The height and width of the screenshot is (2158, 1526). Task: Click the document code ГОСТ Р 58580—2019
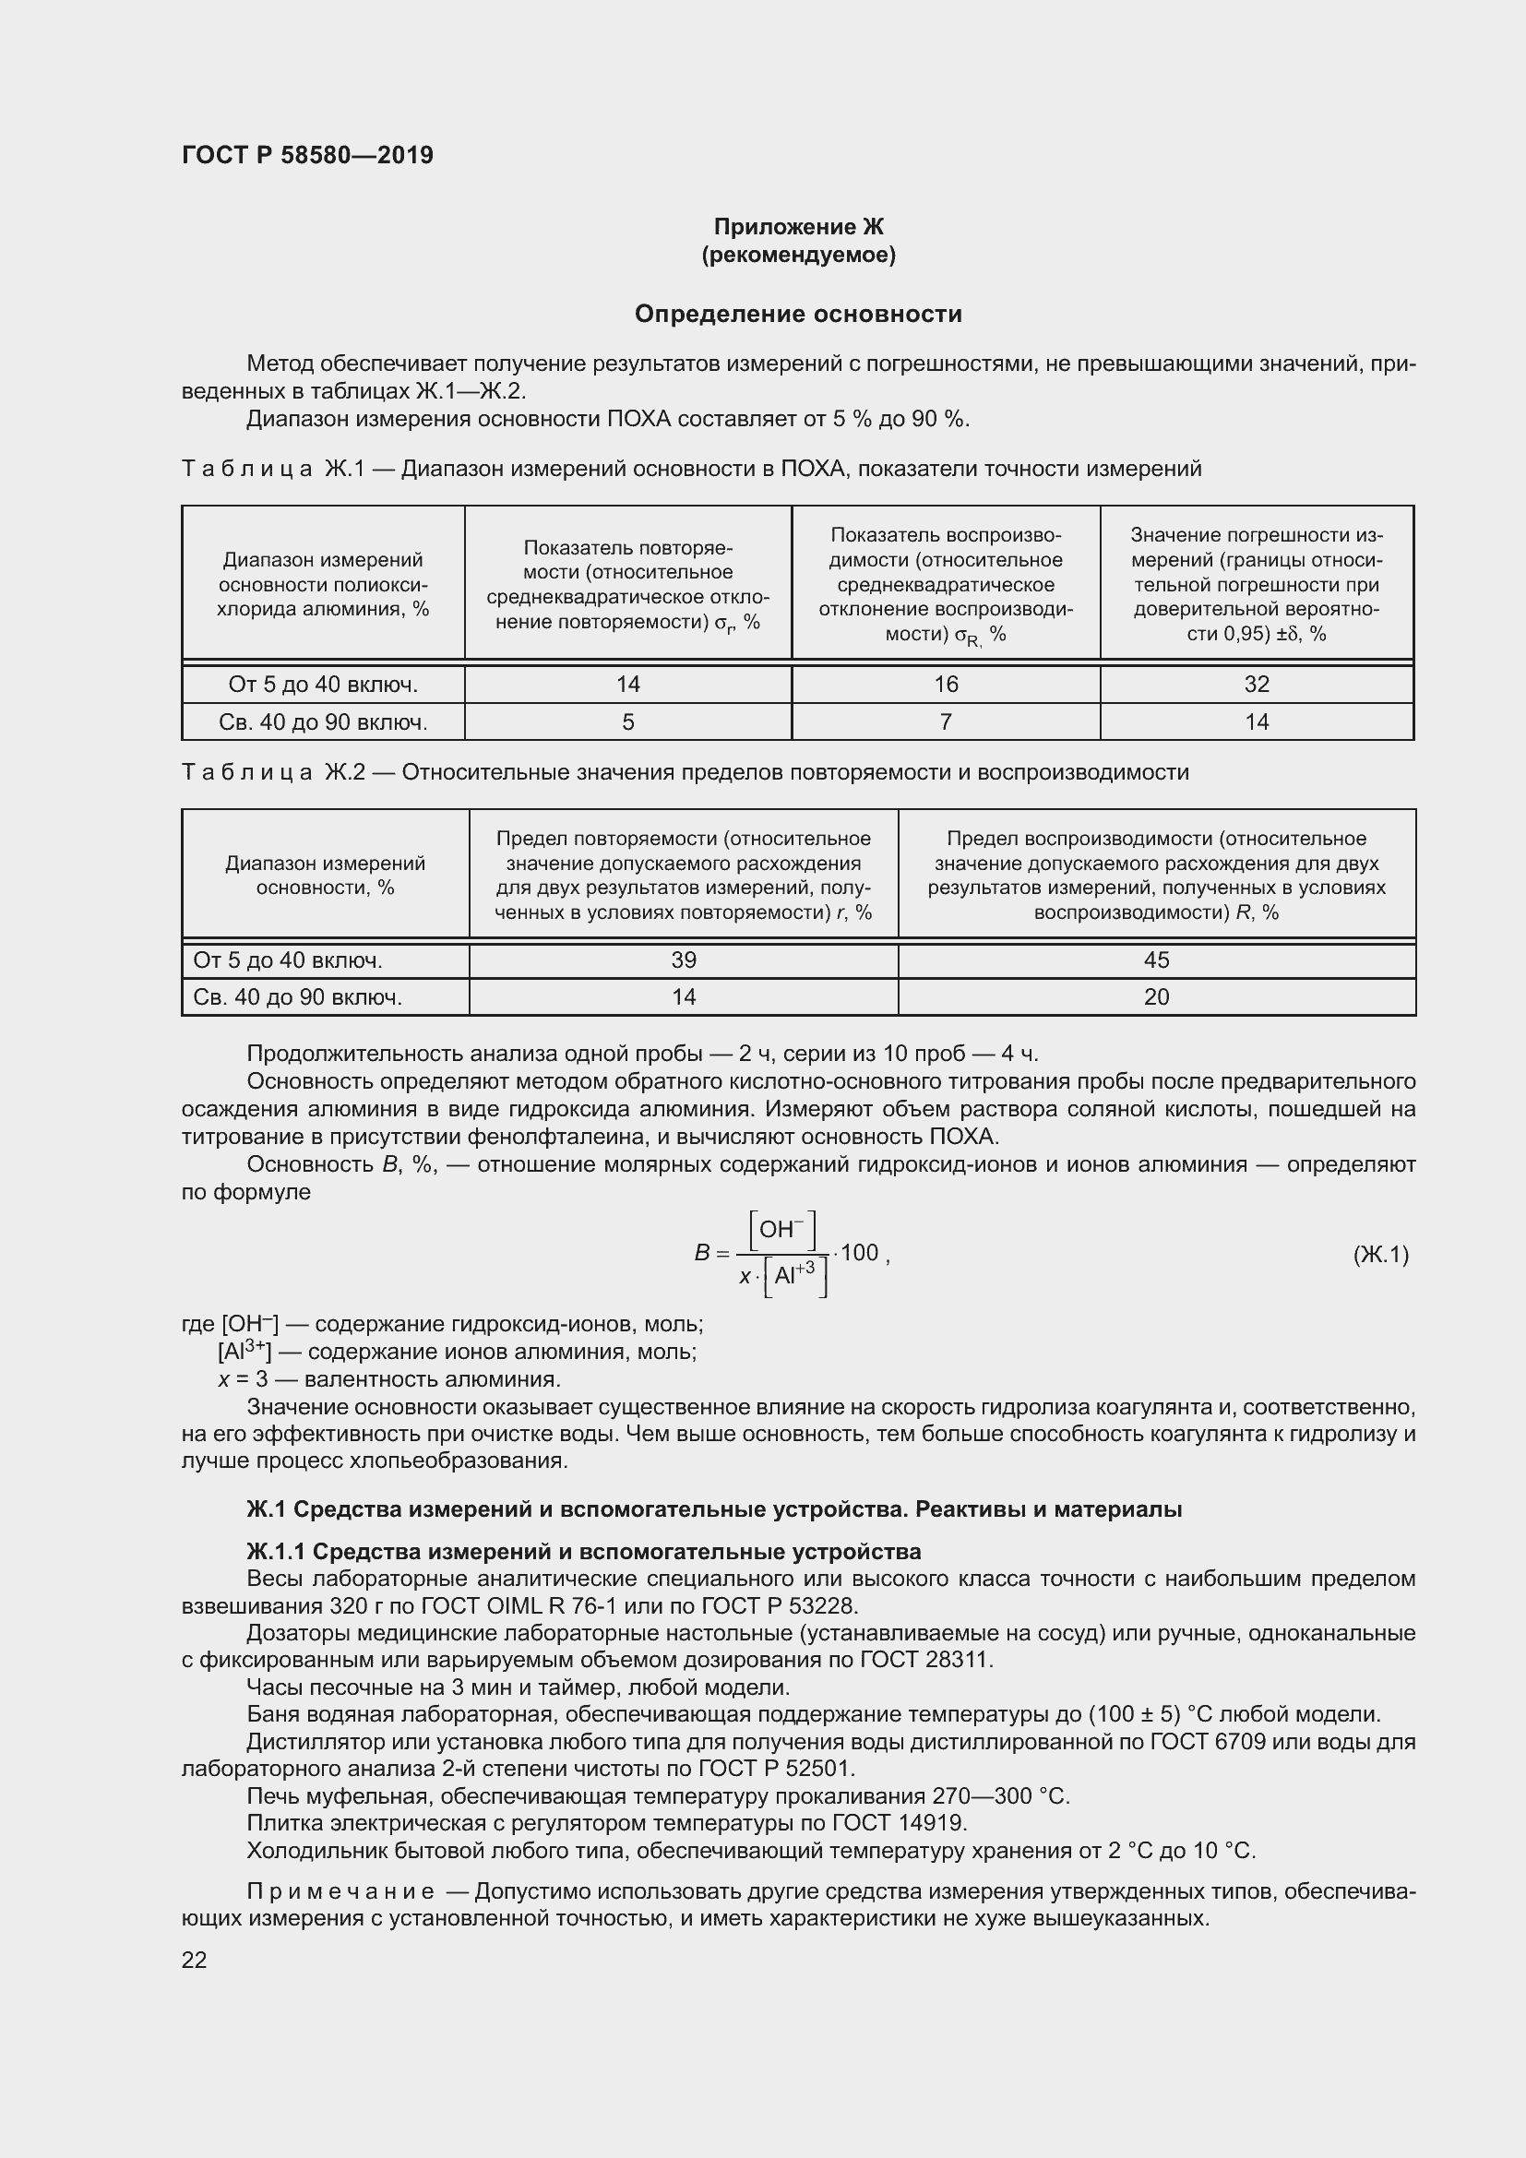(x=307, y=155)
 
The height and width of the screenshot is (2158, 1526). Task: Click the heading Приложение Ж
(x=798, y=227)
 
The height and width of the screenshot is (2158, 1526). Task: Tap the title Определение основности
(x=798, y=314)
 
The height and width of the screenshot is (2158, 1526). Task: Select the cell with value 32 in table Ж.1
(x=1257, y=685)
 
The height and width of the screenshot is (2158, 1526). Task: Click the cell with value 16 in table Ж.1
(x=946, y=685)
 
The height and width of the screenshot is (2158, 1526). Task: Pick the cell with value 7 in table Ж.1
(x=946, y=721)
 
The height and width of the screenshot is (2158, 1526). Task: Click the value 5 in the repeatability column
(x=627, y=721)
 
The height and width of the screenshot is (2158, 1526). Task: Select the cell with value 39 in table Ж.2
(x=683, y=960)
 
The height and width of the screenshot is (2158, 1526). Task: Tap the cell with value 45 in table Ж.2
(x=1156, y=960)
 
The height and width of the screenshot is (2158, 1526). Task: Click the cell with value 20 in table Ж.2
(x=1156, y=997)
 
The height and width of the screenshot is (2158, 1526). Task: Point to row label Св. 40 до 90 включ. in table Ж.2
(x=298, y=997)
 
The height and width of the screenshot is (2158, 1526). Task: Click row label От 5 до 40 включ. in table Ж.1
(x=323, y=685)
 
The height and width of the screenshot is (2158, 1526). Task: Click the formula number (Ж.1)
(x=1380, y=1254)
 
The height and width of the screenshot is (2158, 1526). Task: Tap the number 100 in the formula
(x=859, y=1253)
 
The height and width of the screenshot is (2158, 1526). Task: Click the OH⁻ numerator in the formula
(x=781, y=1229)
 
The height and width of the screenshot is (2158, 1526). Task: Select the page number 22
(x=194, y=1960)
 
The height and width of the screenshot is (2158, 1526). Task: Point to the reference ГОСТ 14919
(x=899, y=1823)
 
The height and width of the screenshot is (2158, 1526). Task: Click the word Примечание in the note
(x=340, y=1891)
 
